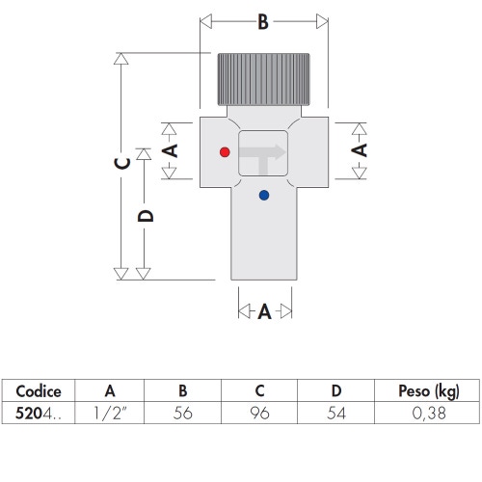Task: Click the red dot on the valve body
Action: [x=225, y=152]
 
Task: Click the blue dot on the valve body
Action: [x=264, y=196]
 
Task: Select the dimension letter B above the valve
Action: [x=262, y=23]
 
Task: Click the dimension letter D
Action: [x=145, y=215]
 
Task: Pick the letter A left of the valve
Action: [x=171, y=150]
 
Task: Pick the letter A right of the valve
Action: [x=359, y=150]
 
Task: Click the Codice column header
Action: [x=39, y=390]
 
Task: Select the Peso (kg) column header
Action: [x=428, y=390]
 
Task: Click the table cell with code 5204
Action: [x=39, y=414]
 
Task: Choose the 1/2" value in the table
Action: [x=110, y=414]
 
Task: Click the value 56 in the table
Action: [x=183, y=414]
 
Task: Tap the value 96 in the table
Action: [x=259, y=414]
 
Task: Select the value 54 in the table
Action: [x=335, y=414]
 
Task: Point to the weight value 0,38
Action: [x=428, y=414]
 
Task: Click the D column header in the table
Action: [x=335, y=390]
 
